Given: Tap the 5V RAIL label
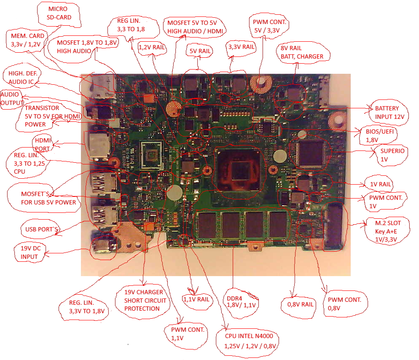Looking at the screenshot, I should tap(199, 51).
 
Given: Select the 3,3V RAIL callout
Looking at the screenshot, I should tap(241, 47).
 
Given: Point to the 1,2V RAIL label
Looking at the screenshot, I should tap(152, 48).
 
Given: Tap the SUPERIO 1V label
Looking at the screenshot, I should tap(392, 155).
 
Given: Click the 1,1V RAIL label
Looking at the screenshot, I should tap(196, 299).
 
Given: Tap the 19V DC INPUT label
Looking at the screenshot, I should tap(29, 252).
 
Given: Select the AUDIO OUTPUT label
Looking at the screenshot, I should tap(12, 98).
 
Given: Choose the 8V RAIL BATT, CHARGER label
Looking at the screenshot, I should tap(302, 52).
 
